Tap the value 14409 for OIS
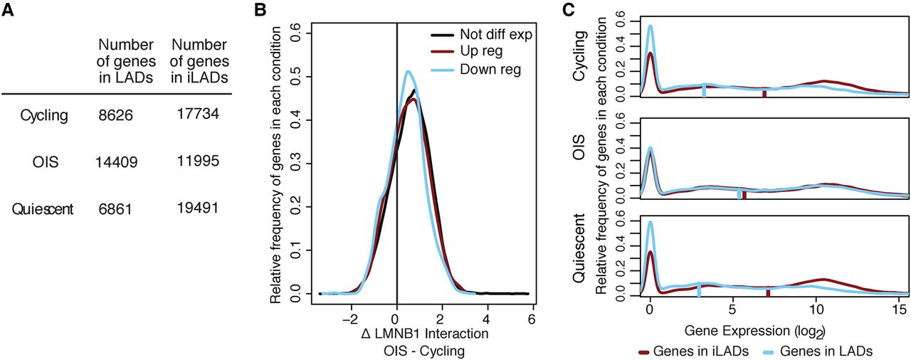115,162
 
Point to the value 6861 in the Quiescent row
115,209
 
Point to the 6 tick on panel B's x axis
532,319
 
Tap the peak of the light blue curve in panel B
408,71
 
